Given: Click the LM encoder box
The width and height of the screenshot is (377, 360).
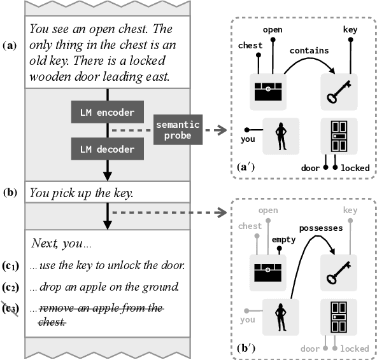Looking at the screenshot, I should click(x=108, y=113).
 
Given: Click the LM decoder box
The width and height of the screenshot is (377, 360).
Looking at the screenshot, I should click(x=108, y=149).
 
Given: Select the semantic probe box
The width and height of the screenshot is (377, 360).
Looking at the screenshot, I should click(x=178, y=130).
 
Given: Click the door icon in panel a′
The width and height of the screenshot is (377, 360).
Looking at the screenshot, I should click(x=338, y=136).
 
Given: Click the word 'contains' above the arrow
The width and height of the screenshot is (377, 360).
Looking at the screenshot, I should click(x=309, y=49).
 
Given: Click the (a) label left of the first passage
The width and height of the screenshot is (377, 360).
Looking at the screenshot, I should click(x=11, y=46).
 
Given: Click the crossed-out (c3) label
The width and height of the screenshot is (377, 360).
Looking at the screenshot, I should click(x=11, y=309).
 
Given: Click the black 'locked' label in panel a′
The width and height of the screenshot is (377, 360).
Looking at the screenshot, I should click(x=355, y=168).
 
